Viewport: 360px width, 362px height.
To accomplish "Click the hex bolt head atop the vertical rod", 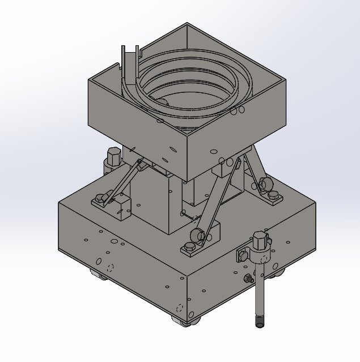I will (261, 239).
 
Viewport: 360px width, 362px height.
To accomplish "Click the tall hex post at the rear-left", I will (112, 159).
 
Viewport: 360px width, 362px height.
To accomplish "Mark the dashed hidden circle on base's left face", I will (111, 267).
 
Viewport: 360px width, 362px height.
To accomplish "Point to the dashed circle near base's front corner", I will (180, 309).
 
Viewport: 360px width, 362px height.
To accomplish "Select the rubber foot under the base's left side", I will (99, 276).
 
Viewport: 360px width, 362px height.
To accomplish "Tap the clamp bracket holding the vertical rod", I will (249, 256).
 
